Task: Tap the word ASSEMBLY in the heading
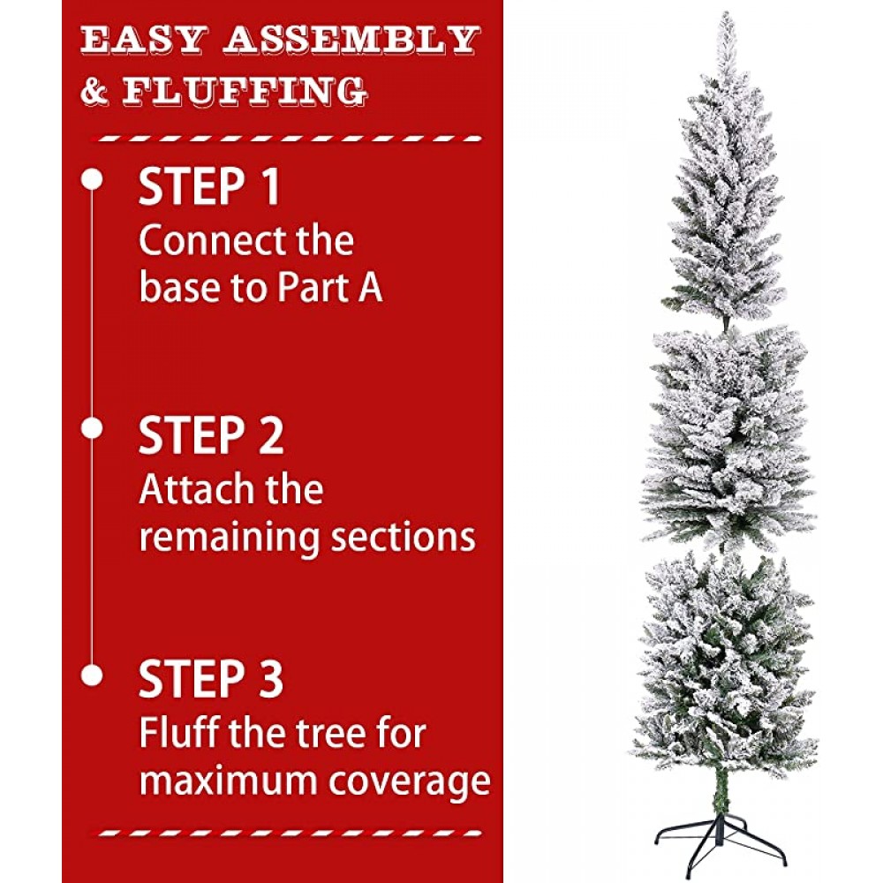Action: tap(351, 40)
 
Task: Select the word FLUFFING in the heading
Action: tap(245, 91)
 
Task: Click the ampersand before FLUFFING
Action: tap(94, 91)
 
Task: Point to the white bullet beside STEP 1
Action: tap(92, 179)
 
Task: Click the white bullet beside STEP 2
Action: tap(92, 429)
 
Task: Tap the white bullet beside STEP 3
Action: tap(92, 675)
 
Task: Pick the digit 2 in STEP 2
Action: tap(271, 435)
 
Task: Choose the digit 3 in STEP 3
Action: tap(270, 679)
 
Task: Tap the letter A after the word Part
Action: tap(369, 287)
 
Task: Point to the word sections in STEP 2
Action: tap(403, 537)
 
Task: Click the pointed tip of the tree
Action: tap(727, 12)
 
